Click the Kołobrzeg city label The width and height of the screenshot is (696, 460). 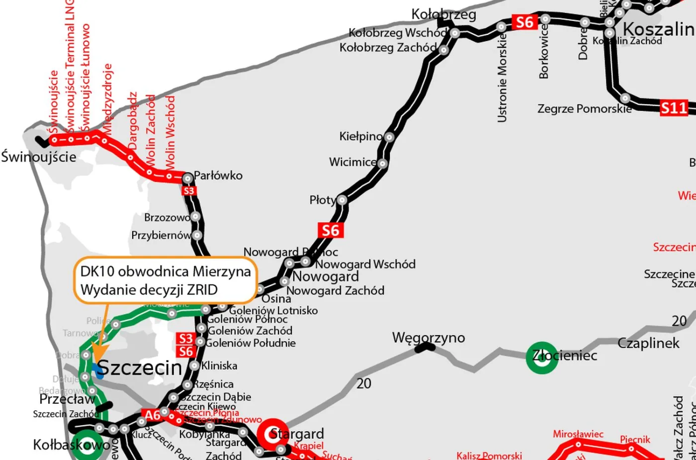click(x=443, y=14)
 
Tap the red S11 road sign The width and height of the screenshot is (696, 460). click(x=674, y=108)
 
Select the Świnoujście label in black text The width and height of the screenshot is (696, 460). click(x=39, y=157)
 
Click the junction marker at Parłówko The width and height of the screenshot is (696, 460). click(x=188, y=178)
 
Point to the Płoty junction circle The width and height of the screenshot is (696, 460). click(x=342, y=200)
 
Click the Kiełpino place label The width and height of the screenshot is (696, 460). click(x=361, y=136)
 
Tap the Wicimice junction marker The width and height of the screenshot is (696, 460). click(x=382, y=163)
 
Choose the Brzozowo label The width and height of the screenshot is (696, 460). click(x=167, y=217)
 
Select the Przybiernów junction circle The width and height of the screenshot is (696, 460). click(x=197, y=235)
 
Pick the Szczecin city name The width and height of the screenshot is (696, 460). click(x=140, y=368)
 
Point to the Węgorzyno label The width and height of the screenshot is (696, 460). click(x=429, y=338)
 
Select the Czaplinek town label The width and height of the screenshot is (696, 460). click(x=648, y=343)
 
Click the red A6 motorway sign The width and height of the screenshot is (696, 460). click(x=153, y=415)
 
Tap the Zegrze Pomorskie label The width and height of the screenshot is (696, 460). click(x=584, y=108)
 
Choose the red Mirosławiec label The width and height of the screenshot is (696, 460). click(x=578, y=434)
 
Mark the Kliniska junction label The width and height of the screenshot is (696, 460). click(x=219, y=366)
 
